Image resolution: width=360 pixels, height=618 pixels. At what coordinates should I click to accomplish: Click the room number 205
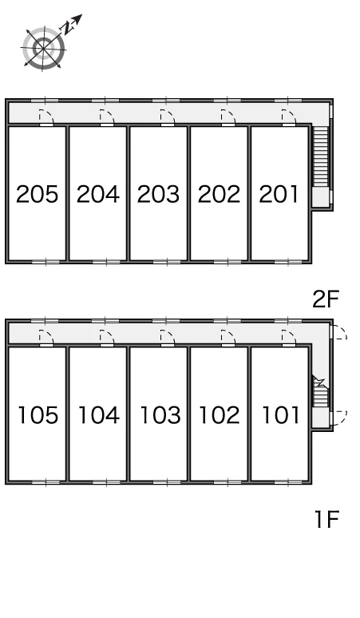(37, 194)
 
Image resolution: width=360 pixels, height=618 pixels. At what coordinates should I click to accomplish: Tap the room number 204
(97, 194)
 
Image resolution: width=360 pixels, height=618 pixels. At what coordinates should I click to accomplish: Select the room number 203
(158, 194)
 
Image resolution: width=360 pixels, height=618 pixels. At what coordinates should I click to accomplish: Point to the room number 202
(219, 194)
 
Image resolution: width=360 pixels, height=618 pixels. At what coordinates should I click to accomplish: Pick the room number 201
(279, 194)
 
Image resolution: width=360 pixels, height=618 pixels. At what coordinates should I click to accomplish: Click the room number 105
(38, 415)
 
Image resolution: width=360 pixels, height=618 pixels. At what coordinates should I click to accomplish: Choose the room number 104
(99, 415)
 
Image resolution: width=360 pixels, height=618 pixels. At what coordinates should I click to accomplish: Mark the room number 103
(160, 415)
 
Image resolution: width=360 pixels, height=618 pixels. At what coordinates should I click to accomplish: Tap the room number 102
(220, 415)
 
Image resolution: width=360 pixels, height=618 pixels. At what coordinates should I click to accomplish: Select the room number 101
(280, 415)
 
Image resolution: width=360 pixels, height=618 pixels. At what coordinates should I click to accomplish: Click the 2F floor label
(326, 299)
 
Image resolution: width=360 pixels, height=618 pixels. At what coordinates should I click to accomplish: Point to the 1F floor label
(327, 519)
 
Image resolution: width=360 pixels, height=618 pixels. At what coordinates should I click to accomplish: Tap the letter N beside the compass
(68, 28)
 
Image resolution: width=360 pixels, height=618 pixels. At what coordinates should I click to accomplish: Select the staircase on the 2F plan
(321, 156)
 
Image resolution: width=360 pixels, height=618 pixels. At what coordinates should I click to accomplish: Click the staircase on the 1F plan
(320, 391)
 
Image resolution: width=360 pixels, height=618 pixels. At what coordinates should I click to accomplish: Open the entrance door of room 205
(46, 118)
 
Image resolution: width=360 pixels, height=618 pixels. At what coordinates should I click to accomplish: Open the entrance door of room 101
(289, 339)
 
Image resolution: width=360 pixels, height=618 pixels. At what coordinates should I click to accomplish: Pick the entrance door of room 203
(168, 118)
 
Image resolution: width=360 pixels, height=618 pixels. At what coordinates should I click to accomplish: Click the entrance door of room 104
(107, 339)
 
